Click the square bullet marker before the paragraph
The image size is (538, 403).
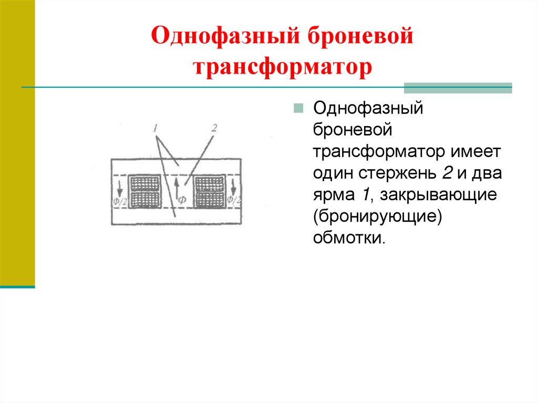tap(298, 109)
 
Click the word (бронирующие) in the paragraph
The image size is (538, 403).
tap(376, 216)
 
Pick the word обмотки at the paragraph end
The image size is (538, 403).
tap(349, 237)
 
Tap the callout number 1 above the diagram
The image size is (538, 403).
tap(156, 128)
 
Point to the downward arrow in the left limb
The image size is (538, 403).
tap(120, 187)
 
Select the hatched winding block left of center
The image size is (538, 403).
tap(144, 191)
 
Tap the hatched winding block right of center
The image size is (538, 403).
tap(209, 191)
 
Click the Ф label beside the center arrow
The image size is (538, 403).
tap(182, 199)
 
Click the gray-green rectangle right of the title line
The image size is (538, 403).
tap(458, 88)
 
